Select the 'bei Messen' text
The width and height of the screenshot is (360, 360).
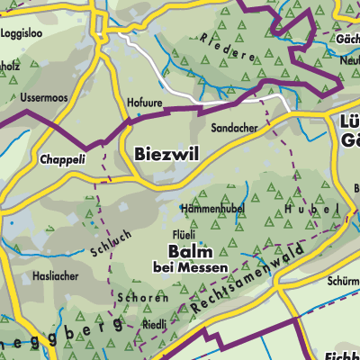[x=190, y=267]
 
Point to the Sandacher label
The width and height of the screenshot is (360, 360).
[x=234, y=129]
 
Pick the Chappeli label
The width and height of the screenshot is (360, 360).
[x=61, y=159]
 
